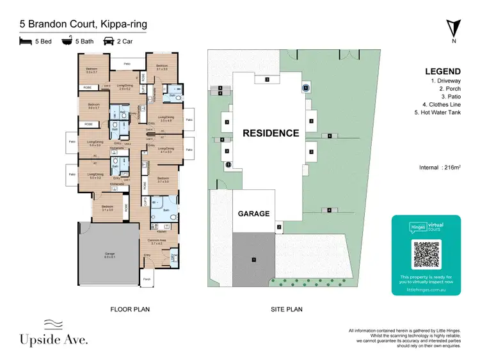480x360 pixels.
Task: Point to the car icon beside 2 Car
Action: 109,41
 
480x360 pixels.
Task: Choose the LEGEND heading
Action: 443,72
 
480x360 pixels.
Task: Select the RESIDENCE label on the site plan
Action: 270,133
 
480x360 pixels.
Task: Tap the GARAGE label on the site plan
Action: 254,214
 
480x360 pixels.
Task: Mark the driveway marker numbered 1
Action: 254,260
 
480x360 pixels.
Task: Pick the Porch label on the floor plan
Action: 146,279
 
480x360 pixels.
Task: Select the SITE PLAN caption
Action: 287,309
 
